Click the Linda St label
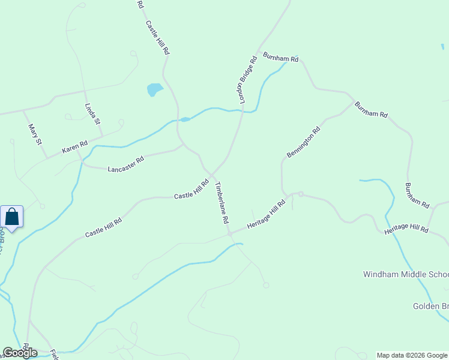(x=92, y=114)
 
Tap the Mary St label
(x=35, y=134)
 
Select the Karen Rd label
(x=75, y=148)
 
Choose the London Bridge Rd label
(x=249, y=80)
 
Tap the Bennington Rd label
(x=303, y=142)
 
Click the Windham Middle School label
(x=406, y=274)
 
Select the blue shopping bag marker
(x=12, y=217)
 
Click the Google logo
(x=20, y=353)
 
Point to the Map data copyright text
(x=412, y=355)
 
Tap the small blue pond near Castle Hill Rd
(x=155, y=90)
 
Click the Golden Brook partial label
(x=430, y=306)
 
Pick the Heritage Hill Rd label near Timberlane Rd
(x=266, y=215)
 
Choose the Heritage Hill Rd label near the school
(x=406, y=228)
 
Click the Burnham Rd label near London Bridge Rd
(x=280, y=59)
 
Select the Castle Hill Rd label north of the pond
(x=158, y=38)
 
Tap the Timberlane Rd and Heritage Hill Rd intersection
(x=229, y=233)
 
